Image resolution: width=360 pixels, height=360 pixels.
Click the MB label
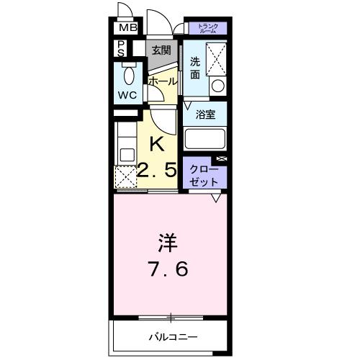pyautogui.click(x=127, y=28)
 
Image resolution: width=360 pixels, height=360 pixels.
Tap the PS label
pyautogui.click(x=122, y=49)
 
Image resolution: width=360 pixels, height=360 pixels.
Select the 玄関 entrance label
pyautogui.click(x=161, y=50)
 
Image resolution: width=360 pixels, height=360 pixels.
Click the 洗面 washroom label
pyautogui.click(x=195, y=67)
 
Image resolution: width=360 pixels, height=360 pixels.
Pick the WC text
pyautogui.click(x=128, y=95)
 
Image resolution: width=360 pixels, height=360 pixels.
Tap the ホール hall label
pyautogui.click(x=163, y=81)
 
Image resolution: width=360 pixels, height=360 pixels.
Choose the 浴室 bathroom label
pyautogui.click(x=204, y=112)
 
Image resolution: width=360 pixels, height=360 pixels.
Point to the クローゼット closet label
pyautogui.click(x=205, y=174)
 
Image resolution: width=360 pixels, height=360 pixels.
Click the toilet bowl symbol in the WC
pyautogui.click(x=129, y=76)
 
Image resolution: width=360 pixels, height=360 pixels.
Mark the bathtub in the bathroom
pyautogui.click(x=205, y=138)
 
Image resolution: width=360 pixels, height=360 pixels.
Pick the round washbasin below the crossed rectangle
pyautogui.click(x=216, y=86)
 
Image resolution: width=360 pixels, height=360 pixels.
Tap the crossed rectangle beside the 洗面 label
pyautogui.click(x=216, y=59)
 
